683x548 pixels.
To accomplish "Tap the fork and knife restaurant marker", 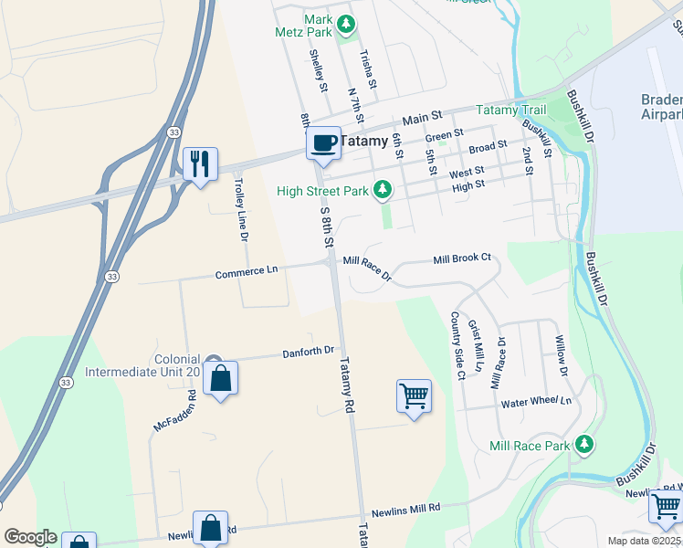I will (x=200, y=164).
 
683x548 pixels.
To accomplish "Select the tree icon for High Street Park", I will (x=384, y=190).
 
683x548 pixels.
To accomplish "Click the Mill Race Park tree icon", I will (x=584, y=446).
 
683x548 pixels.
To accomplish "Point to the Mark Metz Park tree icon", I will (x=345, y=23).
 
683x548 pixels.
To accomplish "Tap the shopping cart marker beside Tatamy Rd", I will (x=414, y=396).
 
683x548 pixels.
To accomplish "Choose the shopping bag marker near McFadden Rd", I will (x=221, y=378).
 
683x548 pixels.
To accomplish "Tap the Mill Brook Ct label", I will (x=462, y=258).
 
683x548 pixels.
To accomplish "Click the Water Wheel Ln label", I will (x=536, y=402).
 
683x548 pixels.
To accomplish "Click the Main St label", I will (x=422, y=117).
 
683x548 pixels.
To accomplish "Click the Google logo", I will (x=30, y=537).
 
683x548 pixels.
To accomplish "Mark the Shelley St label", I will (x=318, y=70).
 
